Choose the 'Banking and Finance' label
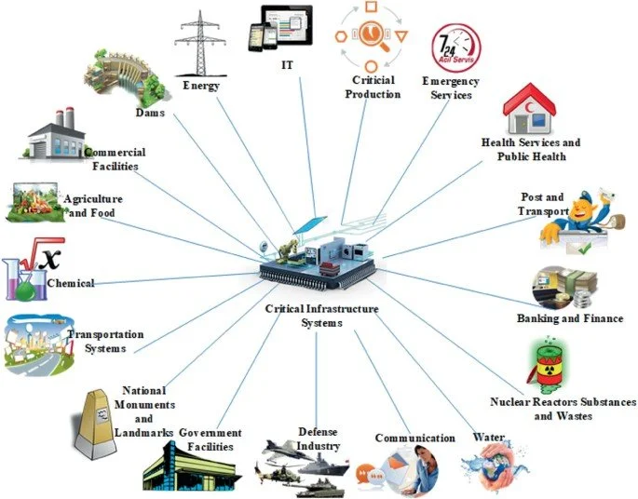pyautogui.click(x=569, y=318)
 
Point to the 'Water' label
pyautogui.click(x=489, y=437)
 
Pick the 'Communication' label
pyautogui.click(x=414, y=438)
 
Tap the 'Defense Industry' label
pyautogui.click(x=319, y=438)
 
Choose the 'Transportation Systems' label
pyautogui.click(x=105, y=342)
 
